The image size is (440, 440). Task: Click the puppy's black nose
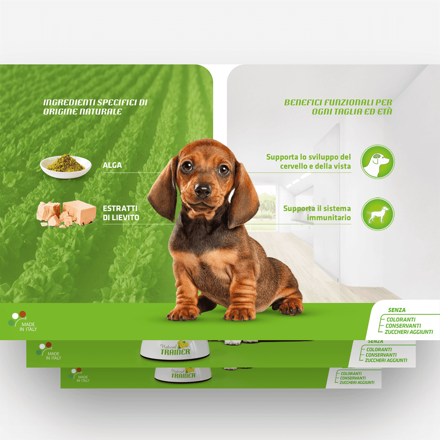(203, 190)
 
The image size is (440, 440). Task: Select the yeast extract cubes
(66, 213)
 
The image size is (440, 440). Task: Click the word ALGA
(112, 165)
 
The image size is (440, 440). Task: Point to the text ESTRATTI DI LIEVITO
(121, 213)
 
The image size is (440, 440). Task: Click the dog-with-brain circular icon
(378, 162)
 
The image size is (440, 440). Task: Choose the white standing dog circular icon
(378, 214)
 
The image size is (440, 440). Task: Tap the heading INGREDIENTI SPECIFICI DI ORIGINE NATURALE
(95, 107)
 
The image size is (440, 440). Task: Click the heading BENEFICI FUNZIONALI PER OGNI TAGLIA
(338, 107)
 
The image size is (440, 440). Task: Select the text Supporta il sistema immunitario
(317, 213)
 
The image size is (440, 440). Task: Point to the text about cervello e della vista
(309, 161)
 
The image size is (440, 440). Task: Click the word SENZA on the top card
(397, 310)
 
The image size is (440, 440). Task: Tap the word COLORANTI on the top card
(401, 320)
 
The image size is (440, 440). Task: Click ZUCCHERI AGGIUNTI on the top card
(409, 332)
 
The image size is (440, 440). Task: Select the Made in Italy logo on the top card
(23, 321)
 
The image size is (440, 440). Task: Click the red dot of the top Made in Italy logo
(23, 314)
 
